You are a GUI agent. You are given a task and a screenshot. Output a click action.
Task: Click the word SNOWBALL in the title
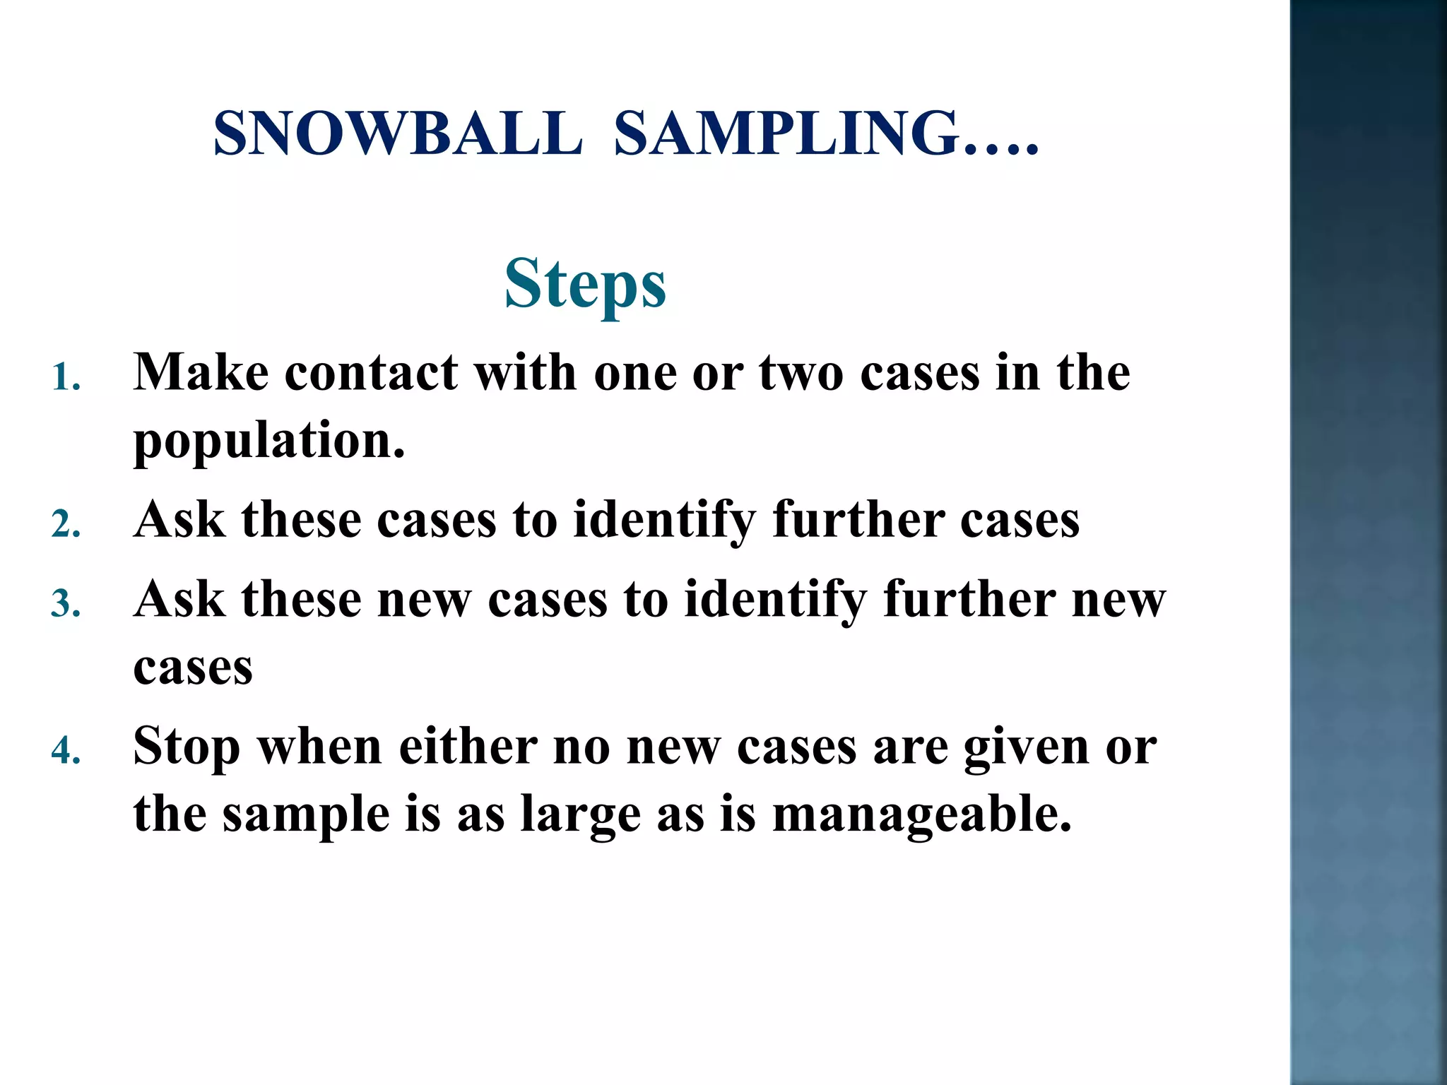point(398,134)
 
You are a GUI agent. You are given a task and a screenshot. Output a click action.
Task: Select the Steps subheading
point(585,284)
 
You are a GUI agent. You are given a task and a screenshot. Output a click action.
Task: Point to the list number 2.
point(65,525)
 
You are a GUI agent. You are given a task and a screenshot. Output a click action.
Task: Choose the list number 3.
point(65,605)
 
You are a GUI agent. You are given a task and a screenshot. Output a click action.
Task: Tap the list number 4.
point(65,751)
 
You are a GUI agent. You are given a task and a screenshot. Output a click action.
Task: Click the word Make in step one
point(201,372)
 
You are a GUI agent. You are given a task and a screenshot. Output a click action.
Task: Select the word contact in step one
point(371,372)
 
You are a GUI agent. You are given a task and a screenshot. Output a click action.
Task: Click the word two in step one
point(801,372)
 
